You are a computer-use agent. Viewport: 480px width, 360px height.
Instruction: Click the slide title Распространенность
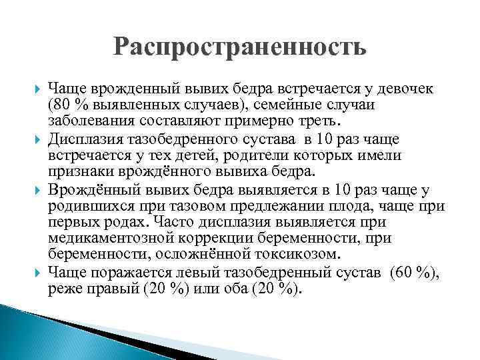click(x=240, y=49)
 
